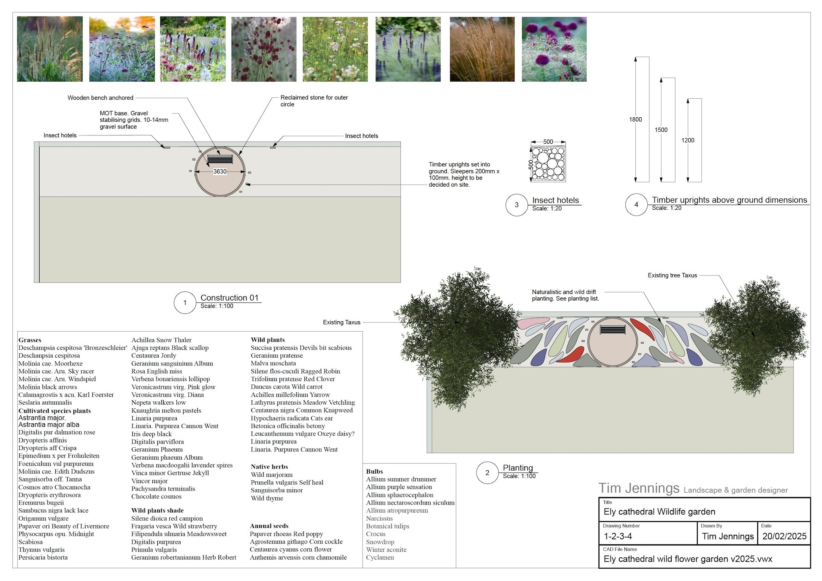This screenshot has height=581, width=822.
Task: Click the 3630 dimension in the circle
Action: pyautogui.click(x=220, y=171)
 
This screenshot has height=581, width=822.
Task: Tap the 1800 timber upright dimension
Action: pyautogui.click(x=635, y=119)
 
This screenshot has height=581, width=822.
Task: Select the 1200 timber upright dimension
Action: pyautogui.click(x=688, y=140)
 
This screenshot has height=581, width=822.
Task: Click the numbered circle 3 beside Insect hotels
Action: pyautogui.click(x=516, y=205)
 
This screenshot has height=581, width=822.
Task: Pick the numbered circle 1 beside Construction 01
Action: pyautogui.click(x=185, y=303)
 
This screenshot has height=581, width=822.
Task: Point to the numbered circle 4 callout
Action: pyautogui.click(x=636, y=204)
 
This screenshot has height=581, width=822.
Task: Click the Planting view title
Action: pyautogui.click(x=518, y=468)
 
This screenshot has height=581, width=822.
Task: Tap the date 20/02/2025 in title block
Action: pyautogui.click(x=784, y=536)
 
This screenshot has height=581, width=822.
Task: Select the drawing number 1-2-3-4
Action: pyautogui.click(x=618, y=536)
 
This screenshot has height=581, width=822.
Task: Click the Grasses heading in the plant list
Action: pyautogui.click(x=30, y=340)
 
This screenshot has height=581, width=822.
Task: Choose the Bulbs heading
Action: pyautogui.click(x=374, y=471)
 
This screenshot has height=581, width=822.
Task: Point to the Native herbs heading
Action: pyautogui.click(x=269, y=467)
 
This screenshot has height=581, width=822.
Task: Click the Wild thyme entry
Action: pyautogui.click(x=267, y=498)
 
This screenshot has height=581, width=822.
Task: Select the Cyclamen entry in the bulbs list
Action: pyautogui.click(x=380, y=557)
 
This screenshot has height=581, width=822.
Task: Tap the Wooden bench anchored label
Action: pyautogui.click(x=100, y=98)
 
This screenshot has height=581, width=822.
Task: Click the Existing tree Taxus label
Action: pyautogui.click(x=672, y=275)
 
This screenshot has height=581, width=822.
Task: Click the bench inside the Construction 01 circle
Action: pyautogui.click(x=220, y=159)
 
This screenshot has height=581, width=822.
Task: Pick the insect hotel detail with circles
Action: pyautogui.click(x=548, y=164)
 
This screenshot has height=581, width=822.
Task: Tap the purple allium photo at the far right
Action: pyautogui.click(x=554, y=49)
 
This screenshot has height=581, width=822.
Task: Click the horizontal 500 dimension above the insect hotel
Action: pyautogui.click(x=548, y=142)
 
